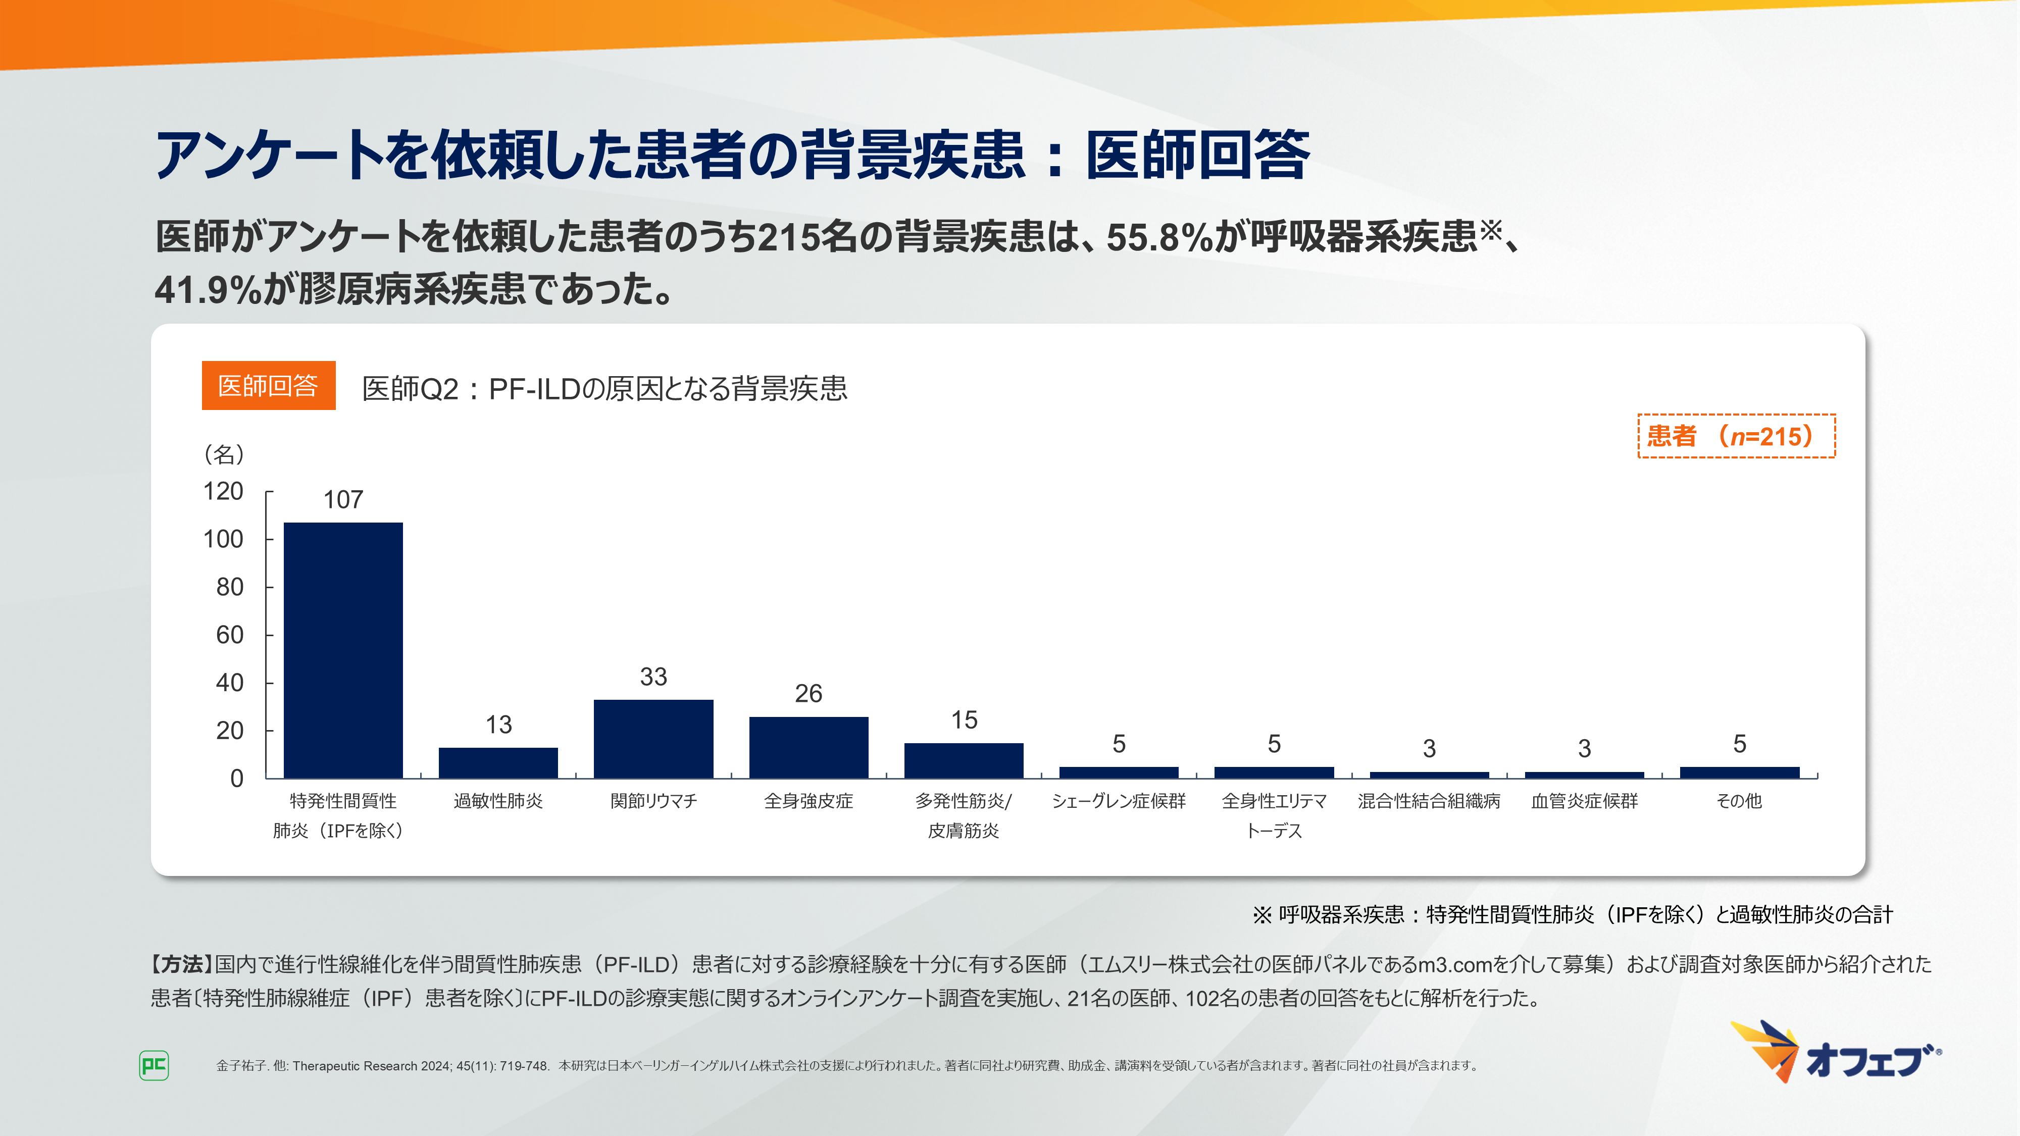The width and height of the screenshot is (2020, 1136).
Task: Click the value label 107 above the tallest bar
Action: [x=343, y=499]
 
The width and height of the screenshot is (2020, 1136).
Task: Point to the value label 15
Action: [x=964, y=719]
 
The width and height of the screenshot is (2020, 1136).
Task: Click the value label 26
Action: [x=809, y=693]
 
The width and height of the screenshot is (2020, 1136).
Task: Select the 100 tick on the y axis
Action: [x=224, y=539]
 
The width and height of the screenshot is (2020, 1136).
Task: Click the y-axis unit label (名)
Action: [x=224, y=454]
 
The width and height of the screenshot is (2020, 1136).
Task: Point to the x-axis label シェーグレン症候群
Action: [x=1118, y=800]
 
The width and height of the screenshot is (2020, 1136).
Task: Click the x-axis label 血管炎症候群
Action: [x=1584, y=800]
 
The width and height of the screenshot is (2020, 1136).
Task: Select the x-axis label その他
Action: [x=1739, y=800]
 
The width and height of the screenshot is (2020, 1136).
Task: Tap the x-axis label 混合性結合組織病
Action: [x=1429, y=800]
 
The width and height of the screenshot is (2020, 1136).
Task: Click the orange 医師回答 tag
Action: [x=268, y=386]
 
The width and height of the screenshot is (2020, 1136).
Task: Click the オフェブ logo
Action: [x=1836, y=1053]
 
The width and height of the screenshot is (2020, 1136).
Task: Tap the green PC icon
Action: [x=154, y=1065]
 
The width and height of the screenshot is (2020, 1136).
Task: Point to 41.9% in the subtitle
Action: [x=207, y=289]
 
